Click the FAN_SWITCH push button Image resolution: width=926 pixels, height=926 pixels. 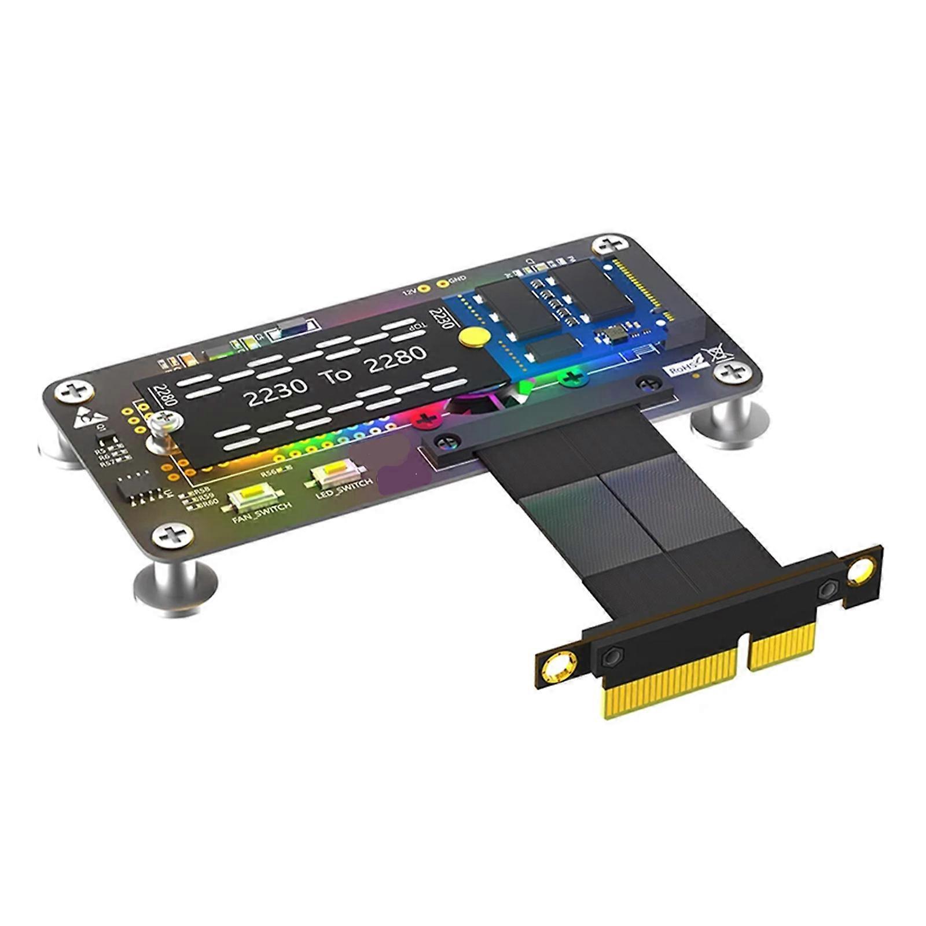coord(255,496)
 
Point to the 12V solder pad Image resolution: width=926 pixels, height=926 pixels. coord(424,288)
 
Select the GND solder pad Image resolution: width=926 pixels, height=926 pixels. coord(443,284)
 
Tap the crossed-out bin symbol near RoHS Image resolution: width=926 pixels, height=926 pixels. coord(718,354)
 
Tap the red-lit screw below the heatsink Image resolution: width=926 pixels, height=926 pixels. coord(427,418)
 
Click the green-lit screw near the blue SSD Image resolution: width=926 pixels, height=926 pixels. coord(572,379)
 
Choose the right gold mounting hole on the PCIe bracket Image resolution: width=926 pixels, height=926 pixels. coord(861,569)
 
